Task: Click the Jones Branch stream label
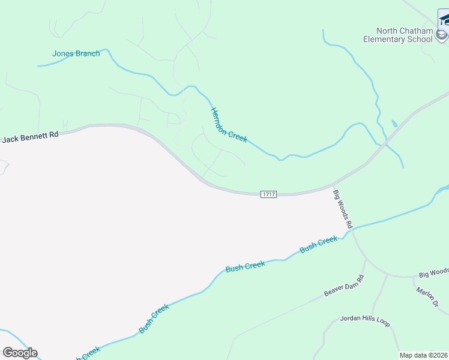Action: [76, 53]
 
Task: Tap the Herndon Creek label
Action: [229, 125]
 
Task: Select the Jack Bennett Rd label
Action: [31, 137]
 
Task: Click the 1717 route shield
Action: [268, 194]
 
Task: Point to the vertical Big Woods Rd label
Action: [343, 209]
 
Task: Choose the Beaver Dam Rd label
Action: [345, 286]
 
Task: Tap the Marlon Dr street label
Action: [427, 297]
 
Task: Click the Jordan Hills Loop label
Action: [365, 321]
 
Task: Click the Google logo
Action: [20, 353]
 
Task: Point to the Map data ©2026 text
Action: [423, 355]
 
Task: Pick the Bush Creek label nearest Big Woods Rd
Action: [318, 244]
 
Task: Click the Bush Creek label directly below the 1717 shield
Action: [245, 266]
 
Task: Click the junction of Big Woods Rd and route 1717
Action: [333, 186]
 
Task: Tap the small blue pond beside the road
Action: [394, 124]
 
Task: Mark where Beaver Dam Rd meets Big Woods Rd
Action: [366, 259]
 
